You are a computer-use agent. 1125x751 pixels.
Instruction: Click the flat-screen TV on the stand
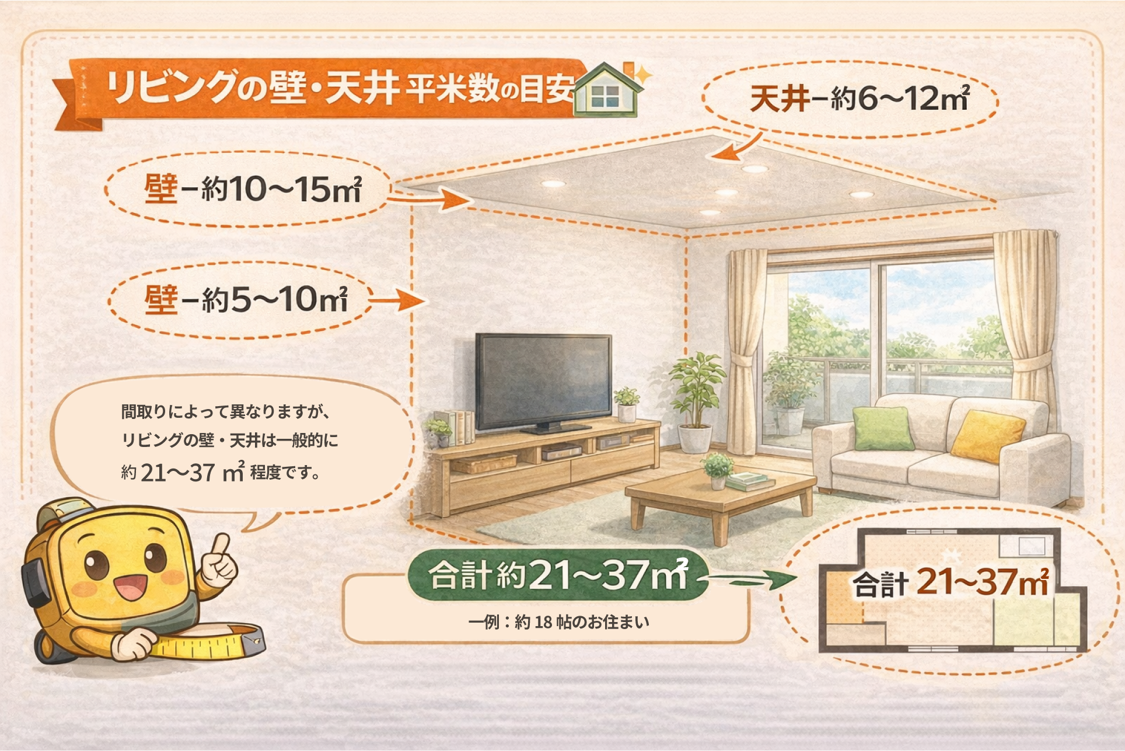click(x=543, y=382)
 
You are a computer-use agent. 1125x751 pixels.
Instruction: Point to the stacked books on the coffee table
click(x=750, y=481)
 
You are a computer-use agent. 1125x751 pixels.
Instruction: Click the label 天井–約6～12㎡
click(x=860, y=99)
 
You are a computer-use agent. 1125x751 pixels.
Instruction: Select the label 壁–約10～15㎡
click(x=253, y=189)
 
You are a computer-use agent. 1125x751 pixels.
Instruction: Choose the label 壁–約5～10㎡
click(x=246, y=300)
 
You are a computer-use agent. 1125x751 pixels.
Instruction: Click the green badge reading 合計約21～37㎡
click(x=557, y=575)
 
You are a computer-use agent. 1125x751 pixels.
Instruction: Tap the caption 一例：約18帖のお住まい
click(x=558, y=622)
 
